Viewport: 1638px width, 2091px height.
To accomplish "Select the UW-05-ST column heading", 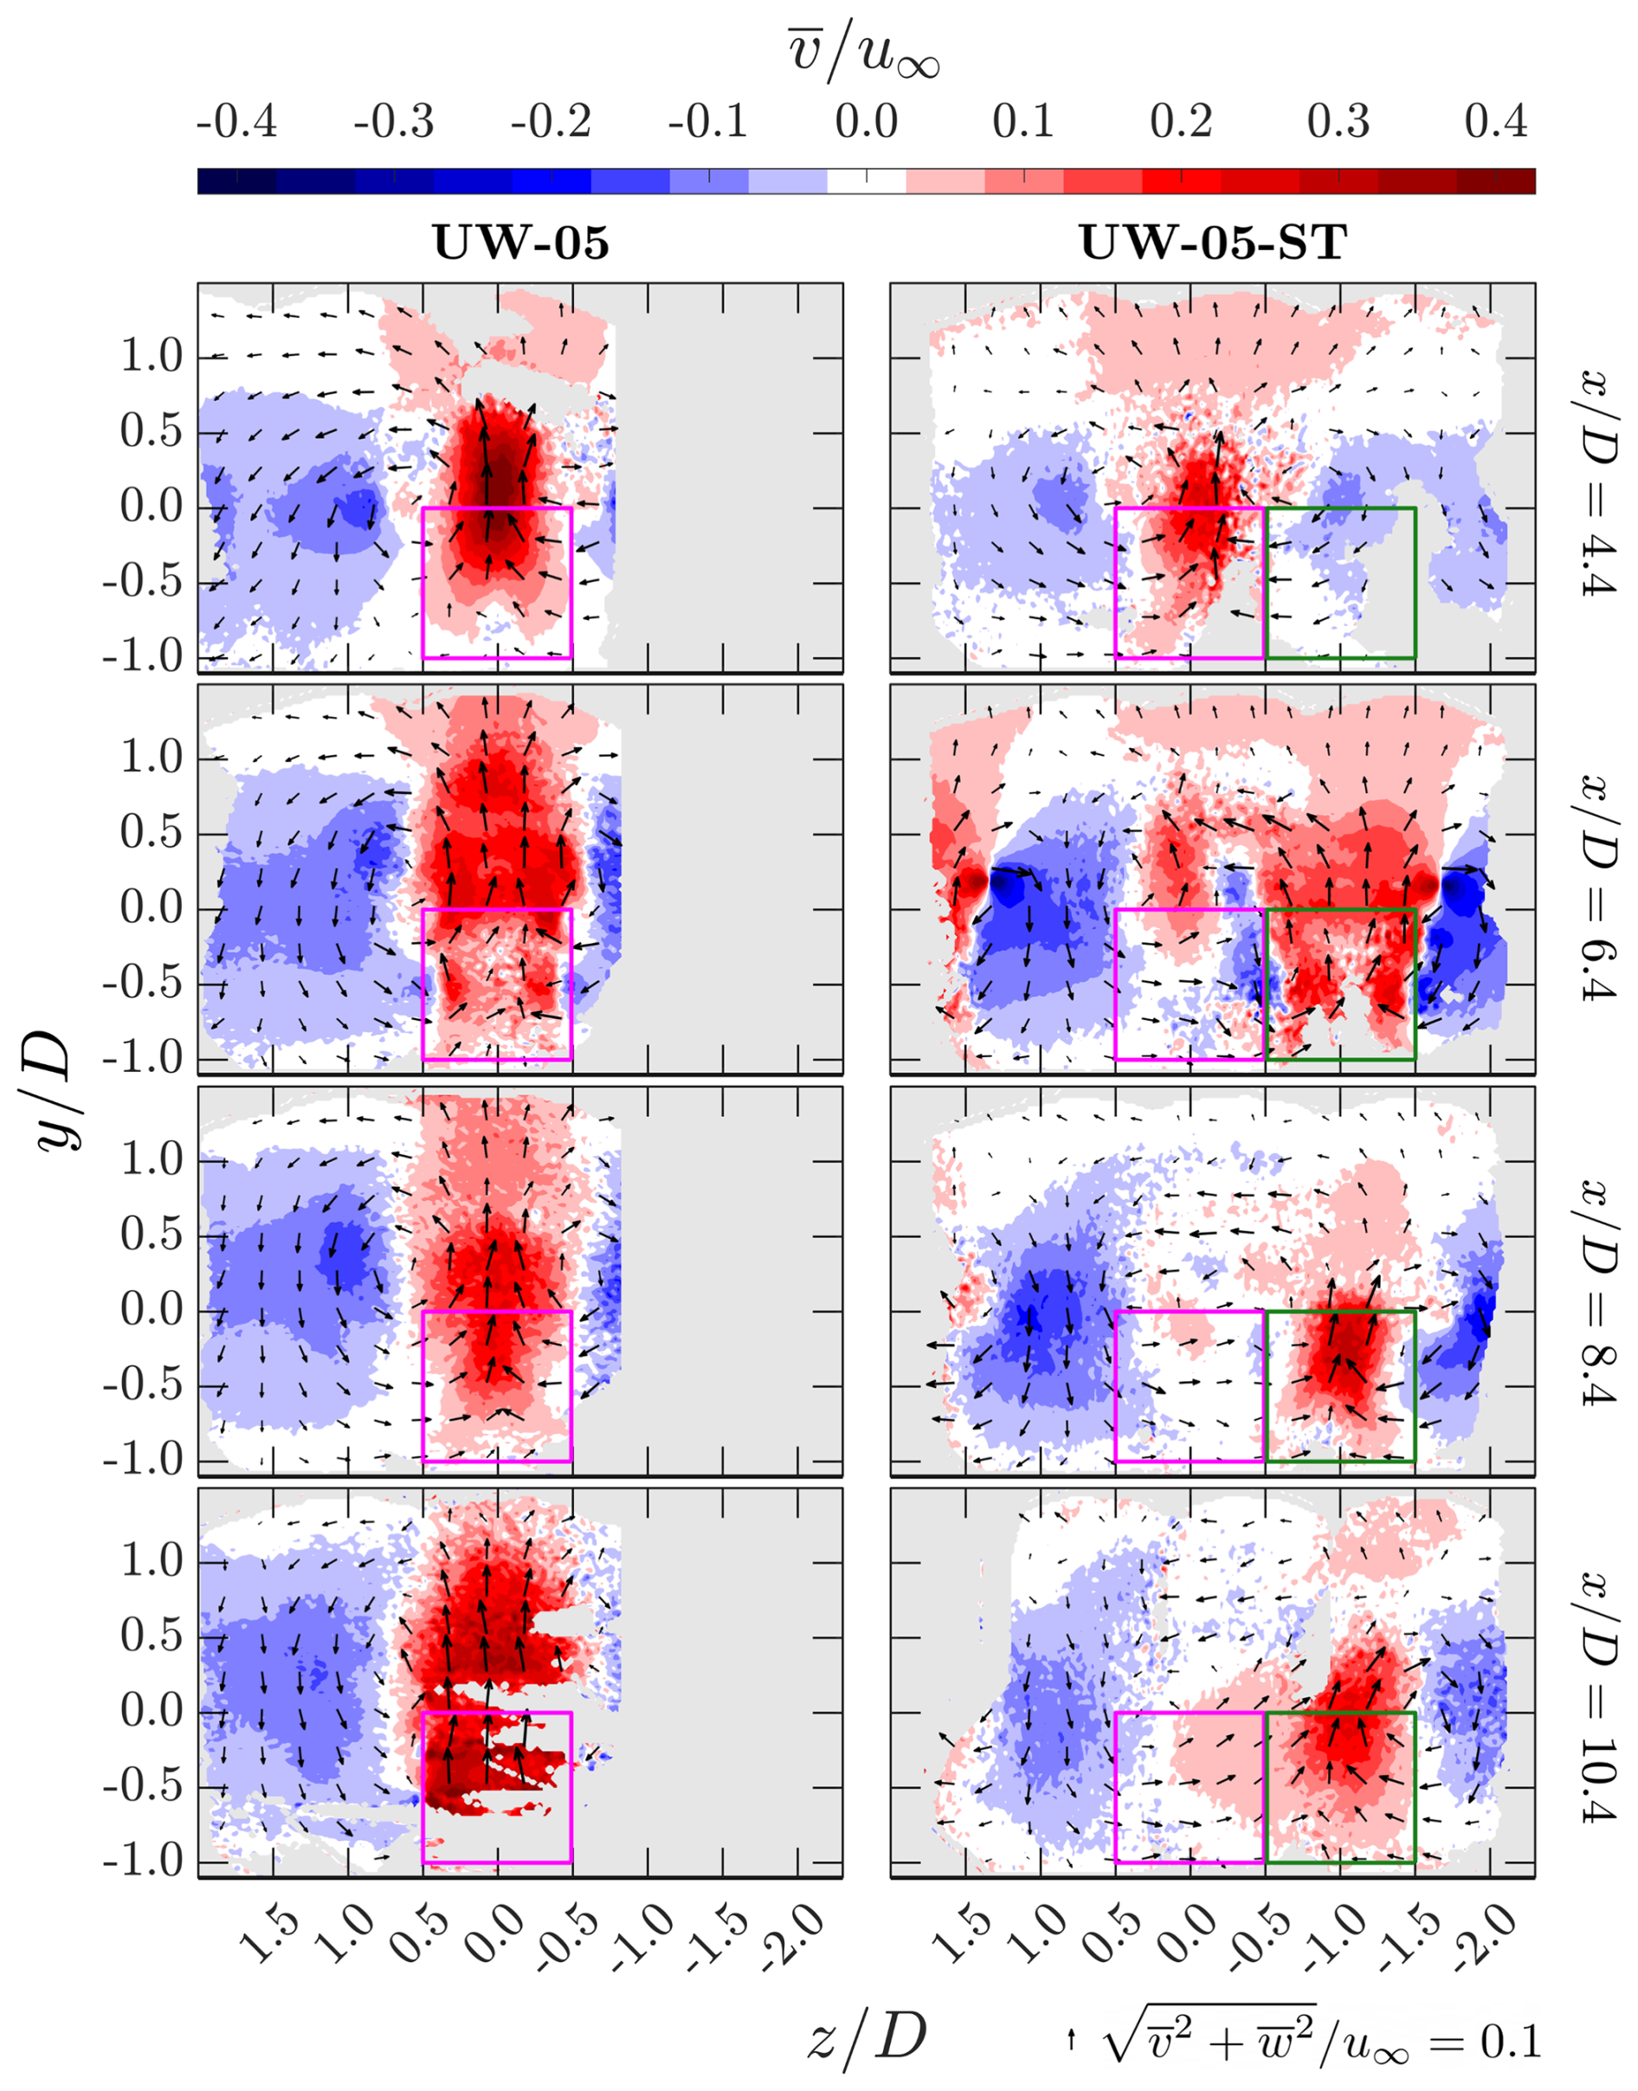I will pos(1213,242).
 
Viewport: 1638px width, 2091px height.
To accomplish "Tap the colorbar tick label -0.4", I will pos(236,123).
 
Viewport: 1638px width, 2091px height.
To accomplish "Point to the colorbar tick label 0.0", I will pos(866,123).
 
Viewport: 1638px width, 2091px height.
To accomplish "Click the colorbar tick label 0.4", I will pos(1496,123).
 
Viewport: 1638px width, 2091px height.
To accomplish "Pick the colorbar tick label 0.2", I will pos(1182,123).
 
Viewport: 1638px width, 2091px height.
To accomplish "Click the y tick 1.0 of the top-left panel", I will pos(152,357).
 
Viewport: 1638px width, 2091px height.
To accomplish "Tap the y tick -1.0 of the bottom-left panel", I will pos(143,1862).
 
